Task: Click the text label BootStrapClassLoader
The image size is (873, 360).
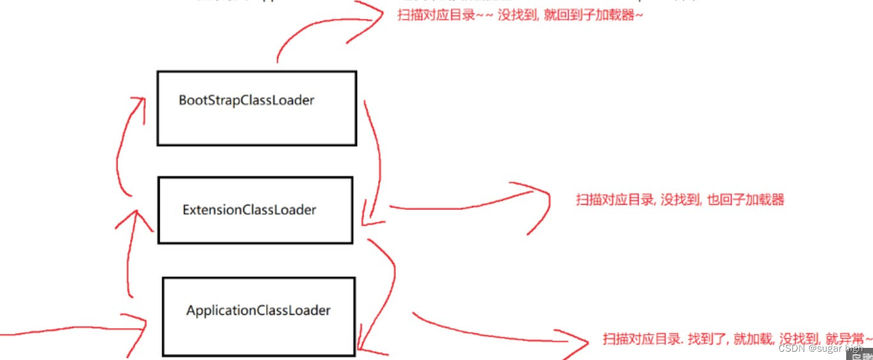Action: (247, 100)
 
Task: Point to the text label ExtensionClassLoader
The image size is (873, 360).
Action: (249, 209)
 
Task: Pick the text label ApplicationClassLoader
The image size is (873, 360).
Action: (259, 311)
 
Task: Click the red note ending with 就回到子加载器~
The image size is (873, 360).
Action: (519, 15)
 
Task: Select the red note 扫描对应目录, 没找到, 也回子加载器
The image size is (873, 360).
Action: (679, 200)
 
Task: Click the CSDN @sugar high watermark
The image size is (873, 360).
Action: (820, 349)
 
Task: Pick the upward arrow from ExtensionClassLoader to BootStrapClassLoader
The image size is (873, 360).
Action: (125, 147)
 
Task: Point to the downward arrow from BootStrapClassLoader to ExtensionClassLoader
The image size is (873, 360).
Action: (377, 160)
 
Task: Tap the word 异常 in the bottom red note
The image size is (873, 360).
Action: (847, 338)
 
